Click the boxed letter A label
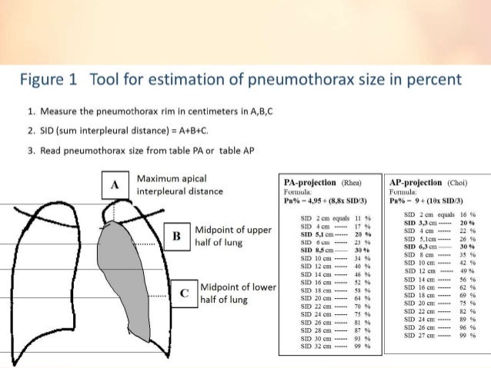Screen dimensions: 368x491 coord(115,185)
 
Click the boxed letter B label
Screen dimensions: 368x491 coord(177,236)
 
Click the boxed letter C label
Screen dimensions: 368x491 coord(183,292)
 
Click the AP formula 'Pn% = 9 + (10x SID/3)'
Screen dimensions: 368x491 coord(430,201)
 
